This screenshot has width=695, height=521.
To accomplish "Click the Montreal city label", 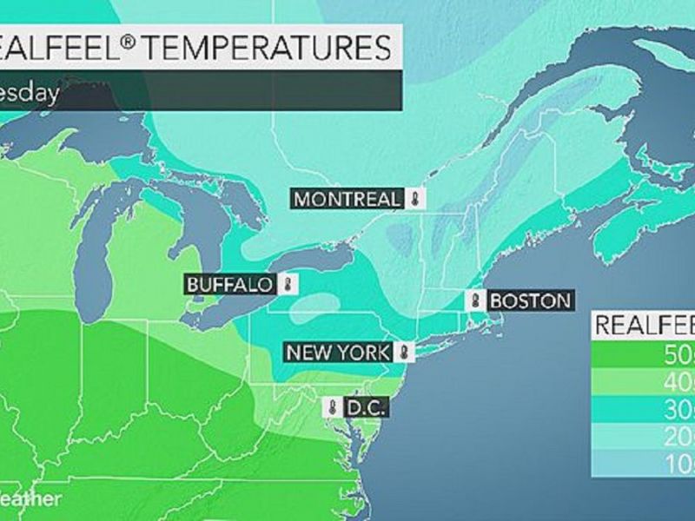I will point(348,199).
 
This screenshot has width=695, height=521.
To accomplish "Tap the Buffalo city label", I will point(230,284).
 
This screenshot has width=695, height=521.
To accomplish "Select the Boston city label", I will point(530,300).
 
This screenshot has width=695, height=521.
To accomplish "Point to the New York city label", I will point(341,353).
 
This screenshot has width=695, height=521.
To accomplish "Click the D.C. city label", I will point(362,406).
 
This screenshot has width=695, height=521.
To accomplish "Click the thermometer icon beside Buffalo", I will point(288,284).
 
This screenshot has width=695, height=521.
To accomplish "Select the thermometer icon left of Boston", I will point(475,300).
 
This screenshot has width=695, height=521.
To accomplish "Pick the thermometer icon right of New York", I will point(404,353).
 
